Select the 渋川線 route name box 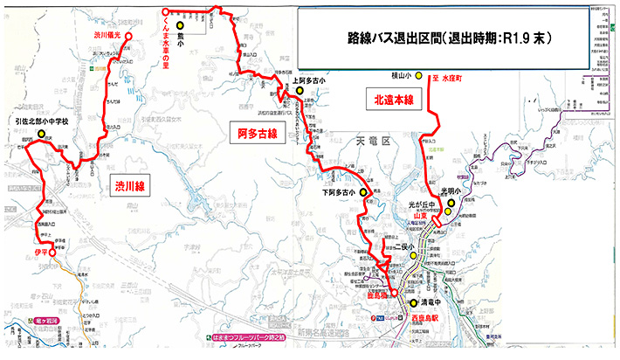[128, 184]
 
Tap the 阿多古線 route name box [257, 134]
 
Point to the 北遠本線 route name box [393, 100]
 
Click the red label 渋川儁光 [105, 36]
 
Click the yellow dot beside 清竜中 [414, 303]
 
